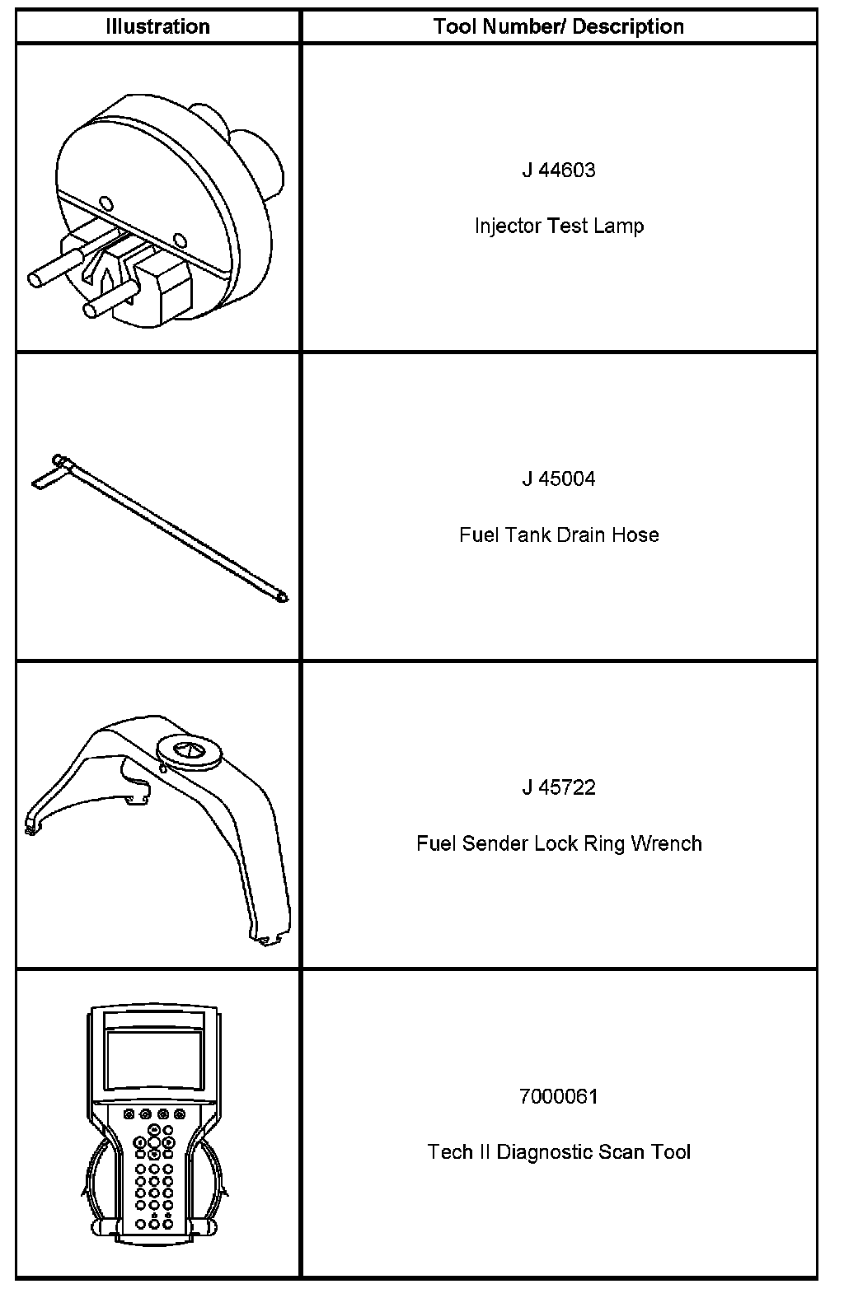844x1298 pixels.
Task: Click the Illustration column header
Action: (x=157, y=27)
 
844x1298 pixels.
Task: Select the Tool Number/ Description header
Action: (x=559, y=27)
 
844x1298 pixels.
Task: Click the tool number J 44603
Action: (x=559, y=170)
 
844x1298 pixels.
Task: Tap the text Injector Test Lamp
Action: (x=559, y=226)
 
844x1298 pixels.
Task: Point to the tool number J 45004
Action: (x=559, y=479)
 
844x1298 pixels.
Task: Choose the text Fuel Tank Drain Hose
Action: (x=559, y=535)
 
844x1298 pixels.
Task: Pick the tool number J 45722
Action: (x=559, y=788)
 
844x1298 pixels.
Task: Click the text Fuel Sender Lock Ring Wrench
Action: (x=559, y=844)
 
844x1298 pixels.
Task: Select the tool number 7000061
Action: (x=559, y=1097)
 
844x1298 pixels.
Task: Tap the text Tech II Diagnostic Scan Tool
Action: (x=559, y=1152)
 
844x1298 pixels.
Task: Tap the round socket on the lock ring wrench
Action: (x=189, y=751)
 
